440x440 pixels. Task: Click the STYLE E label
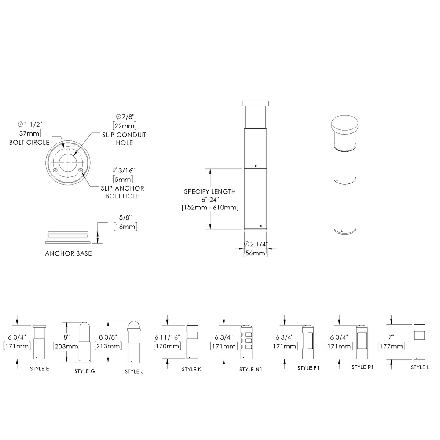[x=39, y=368]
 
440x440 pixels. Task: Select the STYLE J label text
[x=134, y=371]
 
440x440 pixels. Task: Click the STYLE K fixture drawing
[x=192, y=342]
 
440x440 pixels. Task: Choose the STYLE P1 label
[x=308, y=367]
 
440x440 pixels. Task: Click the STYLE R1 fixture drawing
[x=361, y=342]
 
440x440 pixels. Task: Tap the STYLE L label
[x=420, y=367]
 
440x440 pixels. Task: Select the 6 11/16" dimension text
[x=167, y=337]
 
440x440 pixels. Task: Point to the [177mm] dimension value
[x=391, y=346]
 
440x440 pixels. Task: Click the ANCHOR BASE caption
[x=68, y=254]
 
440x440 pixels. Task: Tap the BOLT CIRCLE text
[x=29, y=142]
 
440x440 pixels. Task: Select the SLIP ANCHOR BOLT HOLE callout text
[x=123, y=192]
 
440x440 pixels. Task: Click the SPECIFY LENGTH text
[x=209, y=191]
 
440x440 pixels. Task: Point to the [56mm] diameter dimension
[x=255, y=253]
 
